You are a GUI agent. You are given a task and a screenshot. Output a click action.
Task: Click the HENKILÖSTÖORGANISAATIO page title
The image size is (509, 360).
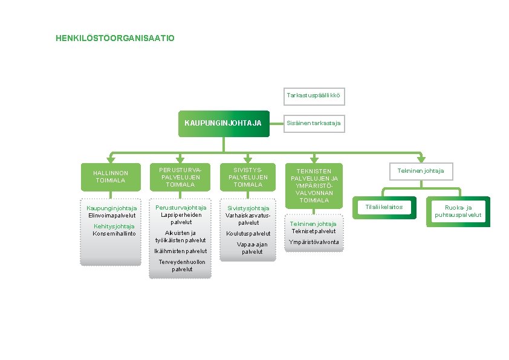115,39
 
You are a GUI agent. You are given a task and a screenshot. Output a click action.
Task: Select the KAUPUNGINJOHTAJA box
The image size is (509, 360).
222,123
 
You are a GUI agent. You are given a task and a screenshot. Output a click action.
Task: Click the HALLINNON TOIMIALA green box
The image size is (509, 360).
111,177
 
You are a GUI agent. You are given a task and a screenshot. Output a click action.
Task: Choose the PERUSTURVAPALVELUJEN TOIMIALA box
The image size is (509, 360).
181,178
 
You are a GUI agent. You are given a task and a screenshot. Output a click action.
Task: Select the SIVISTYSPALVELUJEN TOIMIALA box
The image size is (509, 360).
248,178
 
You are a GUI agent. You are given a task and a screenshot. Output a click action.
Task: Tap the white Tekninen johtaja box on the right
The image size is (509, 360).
421,171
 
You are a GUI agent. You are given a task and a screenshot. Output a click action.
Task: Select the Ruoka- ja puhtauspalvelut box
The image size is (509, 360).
458,211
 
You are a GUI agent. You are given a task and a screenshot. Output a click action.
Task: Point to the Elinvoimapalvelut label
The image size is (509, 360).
112,216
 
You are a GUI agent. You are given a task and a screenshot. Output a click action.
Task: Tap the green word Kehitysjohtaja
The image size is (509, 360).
114,227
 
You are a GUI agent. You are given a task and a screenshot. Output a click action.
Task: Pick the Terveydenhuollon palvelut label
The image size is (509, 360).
182,266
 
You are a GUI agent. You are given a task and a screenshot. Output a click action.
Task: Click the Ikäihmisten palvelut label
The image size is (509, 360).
181,251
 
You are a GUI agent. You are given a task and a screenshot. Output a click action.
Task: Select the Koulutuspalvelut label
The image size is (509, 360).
248,234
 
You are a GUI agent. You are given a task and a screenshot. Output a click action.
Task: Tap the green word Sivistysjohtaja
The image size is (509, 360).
248,208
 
